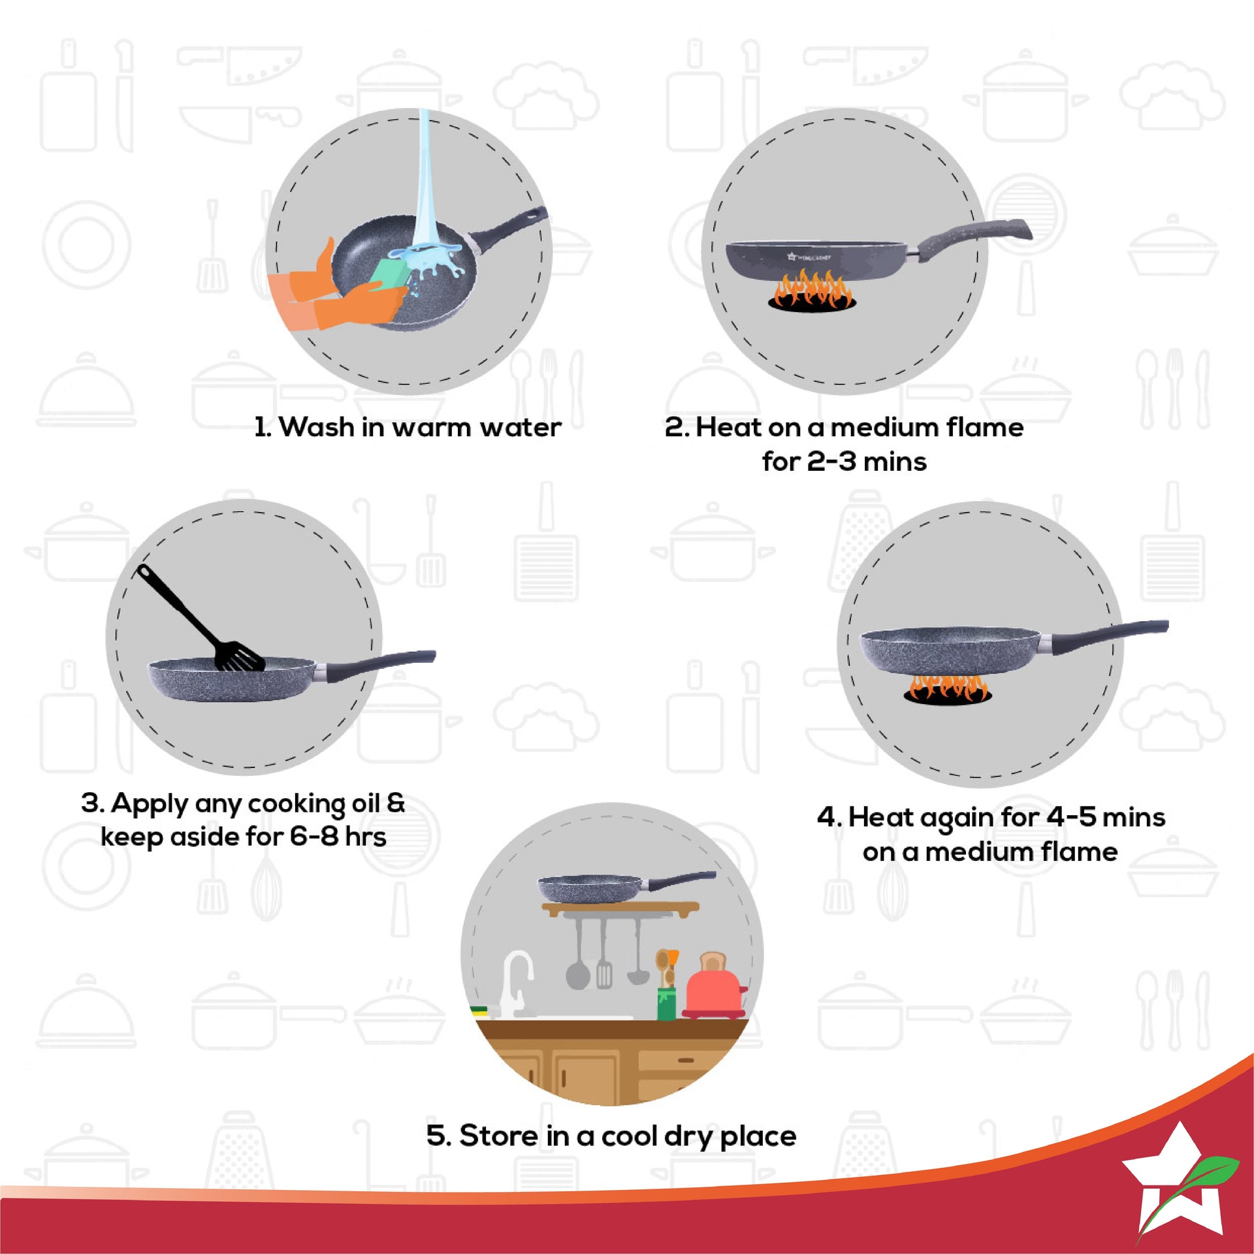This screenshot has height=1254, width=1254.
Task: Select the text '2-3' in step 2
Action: [831, 462]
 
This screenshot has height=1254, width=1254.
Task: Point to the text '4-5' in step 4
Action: [1071, 817]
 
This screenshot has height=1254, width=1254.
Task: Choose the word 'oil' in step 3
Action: [366, 803]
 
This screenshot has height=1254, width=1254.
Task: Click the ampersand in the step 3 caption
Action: [396, 803]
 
